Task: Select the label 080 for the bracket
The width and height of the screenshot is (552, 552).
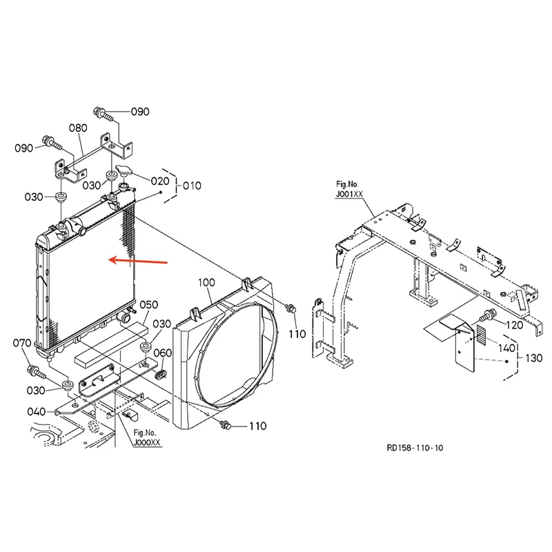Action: [x=78, y=128]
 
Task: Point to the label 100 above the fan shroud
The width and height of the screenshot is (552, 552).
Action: [x=207, y=283]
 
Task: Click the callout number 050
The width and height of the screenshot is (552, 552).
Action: [x=149, y=304]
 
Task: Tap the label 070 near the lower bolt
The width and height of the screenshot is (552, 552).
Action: [x=23, y=343]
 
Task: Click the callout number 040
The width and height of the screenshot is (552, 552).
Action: [x=37, y=412]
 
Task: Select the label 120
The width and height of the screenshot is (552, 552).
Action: [x=515, y=324]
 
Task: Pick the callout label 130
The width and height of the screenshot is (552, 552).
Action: [x=534, y=358]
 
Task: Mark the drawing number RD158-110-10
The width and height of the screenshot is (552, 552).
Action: [x=415, y=448]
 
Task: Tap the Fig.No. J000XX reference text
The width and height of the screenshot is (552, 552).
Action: [x=147, y=437]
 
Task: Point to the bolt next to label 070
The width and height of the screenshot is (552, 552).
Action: [x=35, y=372]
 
